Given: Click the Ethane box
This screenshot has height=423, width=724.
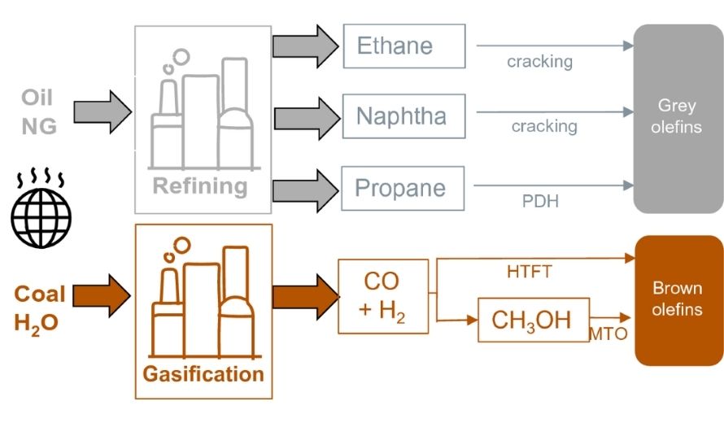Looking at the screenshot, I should [403, 46].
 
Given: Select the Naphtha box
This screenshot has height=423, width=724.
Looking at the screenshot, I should [403, 116].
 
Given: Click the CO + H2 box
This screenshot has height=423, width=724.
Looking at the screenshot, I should [382, 296].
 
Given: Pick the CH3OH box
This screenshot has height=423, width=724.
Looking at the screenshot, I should [533, 320].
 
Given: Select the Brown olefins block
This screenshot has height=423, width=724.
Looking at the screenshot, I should [678, 299].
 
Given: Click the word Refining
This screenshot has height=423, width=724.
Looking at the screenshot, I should [200, 186].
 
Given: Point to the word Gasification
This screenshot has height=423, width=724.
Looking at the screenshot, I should [203, 374].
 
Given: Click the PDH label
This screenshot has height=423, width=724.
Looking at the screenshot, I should [540, 201].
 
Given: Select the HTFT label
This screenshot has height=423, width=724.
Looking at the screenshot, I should [529, 272].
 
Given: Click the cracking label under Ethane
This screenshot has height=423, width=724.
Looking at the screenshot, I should [539, 62].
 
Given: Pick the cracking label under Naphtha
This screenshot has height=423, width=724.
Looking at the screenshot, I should [543, 126].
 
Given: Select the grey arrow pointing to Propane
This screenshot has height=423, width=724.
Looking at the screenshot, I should [304, 188].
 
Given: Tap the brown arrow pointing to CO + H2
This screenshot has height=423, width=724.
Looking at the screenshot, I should [304, 296].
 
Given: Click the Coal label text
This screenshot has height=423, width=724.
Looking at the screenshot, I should [39, 294].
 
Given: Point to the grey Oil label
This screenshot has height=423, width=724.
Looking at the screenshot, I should [37, 98].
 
